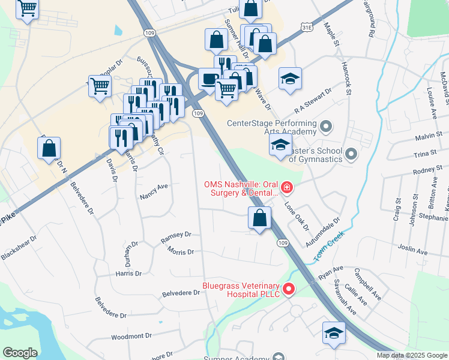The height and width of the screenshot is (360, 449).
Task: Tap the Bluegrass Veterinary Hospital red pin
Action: click(x=288, y=290)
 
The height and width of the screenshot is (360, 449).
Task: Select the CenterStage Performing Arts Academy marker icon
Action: click(x=326, y=127)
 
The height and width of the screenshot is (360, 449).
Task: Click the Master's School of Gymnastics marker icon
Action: click(x=351, y=155)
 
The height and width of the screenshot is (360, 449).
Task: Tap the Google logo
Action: click(x=20, y=353)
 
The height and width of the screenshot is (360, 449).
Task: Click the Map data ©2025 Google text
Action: click(x=412, y=355)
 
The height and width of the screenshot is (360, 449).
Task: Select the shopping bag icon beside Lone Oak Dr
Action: click(x=259, y=218)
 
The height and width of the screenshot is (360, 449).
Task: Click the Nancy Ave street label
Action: click(x=153, y=191)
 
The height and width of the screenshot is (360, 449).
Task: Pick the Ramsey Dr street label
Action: click(x=175, y=238)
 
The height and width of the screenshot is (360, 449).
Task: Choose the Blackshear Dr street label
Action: click(x=19, y=247)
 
